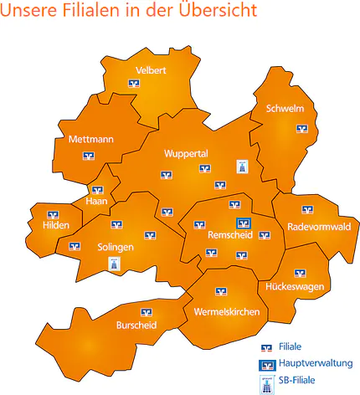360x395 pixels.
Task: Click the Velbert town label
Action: (x=151, y=70)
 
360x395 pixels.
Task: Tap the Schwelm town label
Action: (x=284, y=109)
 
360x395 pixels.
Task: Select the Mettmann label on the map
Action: (x=91, y=140)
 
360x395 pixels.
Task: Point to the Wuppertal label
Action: (x=186, y=153)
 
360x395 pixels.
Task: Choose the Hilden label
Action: (x=56, y=225)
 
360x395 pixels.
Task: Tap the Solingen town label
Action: (x=116, y=248)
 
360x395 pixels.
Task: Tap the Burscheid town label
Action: (x=136, y=325)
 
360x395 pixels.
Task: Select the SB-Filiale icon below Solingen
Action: (x=115, y=264)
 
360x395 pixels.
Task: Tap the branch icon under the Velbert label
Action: (x=134, y=84)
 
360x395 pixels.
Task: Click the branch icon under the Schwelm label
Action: (x=301, y=128)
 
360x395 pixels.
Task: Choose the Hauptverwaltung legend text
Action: (x=318, y=363)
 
